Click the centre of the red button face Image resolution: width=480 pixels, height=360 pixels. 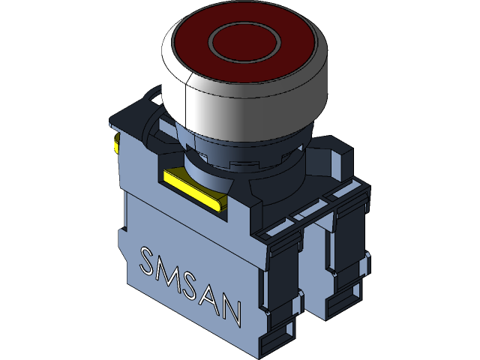tap(244, 42)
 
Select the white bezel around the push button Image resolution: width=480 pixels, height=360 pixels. tap(247, 105)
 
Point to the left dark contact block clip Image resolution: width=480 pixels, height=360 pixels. tap(281, 285)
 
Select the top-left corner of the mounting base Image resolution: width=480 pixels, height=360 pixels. tap(120, 120)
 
